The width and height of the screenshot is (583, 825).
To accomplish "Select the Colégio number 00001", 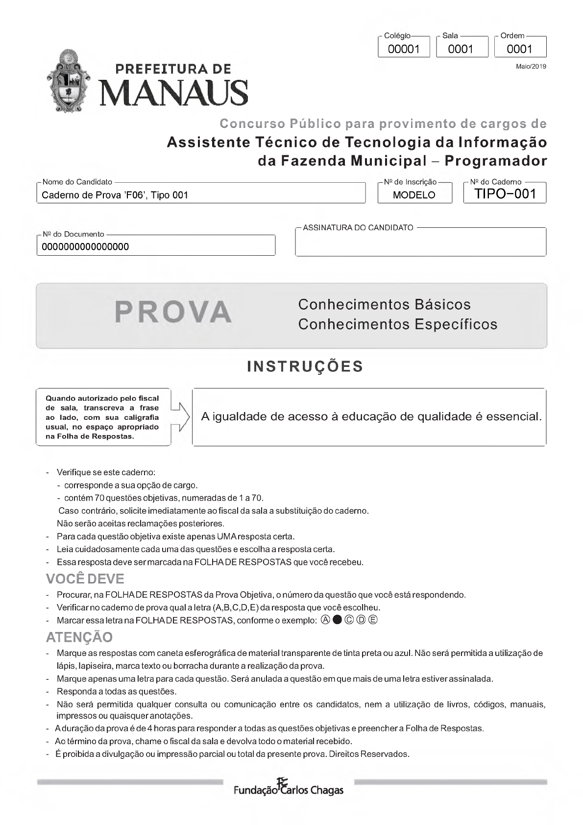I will click(404, 49).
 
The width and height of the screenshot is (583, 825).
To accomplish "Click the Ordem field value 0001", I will click(519, 49).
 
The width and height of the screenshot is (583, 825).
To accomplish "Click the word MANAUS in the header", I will click(174, 93).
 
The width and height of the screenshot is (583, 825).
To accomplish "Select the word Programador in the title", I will click(496, 161).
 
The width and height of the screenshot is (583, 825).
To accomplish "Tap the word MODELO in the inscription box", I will click(414, 195).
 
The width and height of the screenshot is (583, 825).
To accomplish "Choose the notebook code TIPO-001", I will click(505, 194).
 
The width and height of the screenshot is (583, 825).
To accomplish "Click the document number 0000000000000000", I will click(85, 247).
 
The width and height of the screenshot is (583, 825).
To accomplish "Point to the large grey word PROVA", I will click(173, 312).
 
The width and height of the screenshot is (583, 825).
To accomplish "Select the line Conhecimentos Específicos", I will click(397, 324).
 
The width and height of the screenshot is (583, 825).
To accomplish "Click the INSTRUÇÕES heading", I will click(305, 366).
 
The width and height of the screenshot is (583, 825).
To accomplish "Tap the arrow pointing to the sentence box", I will click(181, 417).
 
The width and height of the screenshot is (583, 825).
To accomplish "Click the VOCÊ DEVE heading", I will click(85, 579).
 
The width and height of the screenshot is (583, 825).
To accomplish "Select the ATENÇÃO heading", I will click(79, 637).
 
